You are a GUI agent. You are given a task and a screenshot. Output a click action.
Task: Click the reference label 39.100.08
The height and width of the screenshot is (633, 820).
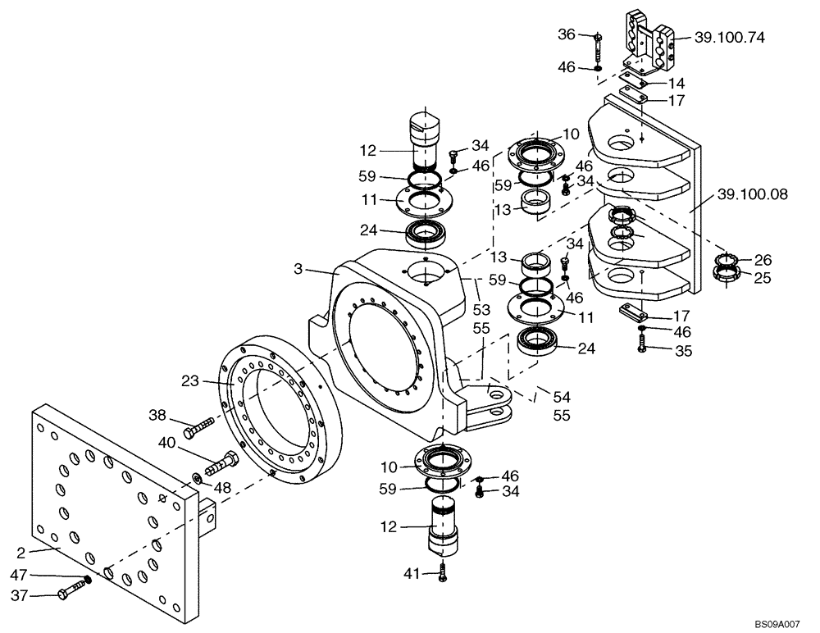(753, 194)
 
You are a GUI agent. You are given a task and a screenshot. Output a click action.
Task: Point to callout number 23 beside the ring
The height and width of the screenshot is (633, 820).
(191, 380)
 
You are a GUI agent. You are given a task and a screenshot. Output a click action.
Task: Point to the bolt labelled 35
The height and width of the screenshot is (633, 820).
(642, 347)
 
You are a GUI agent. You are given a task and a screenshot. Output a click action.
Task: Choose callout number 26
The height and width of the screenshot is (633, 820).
(763, 260)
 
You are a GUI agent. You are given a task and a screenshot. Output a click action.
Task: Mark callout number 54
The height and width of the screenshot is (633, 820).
(561, 397)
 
